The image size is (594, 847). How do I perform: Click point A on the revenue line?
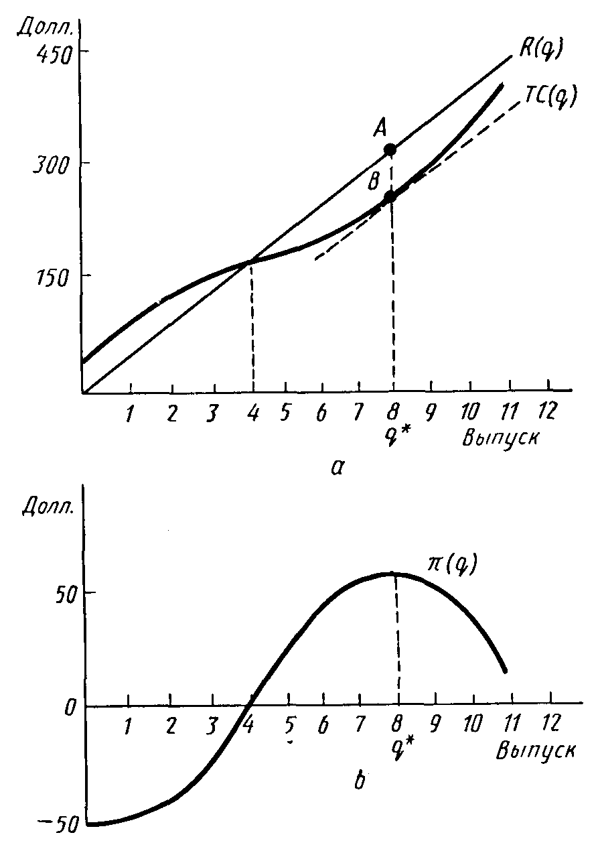tap(390, 149)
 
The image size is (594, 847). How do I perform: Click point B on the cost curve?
tap(390, 198)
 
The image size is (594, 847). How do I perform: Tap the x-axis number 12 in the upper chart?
tap(548, 411)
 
